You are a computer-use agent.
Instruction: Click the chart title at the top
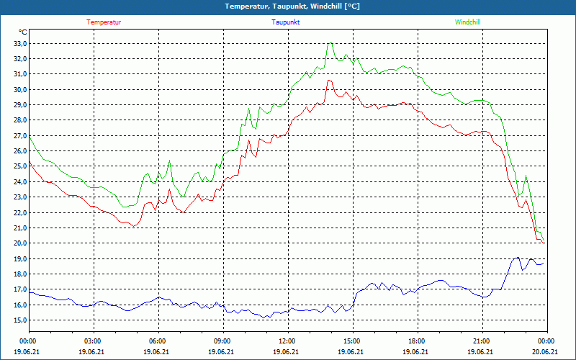[x=287, y=6]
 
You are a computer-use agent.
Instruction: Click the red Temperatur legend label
[x=104, y=22]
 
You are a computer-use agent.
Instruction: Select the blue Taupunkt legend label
[x=286, y=22]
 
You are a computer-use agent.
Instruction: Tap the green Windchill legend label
[x=467, y=22]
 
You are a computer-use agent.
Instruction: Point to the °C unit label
[x=23, y=32]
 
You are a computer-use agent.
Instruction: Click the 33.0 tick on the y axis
[x=19, y=43]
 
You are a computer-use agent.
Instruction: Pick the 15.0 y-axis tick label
[x=19, y=320]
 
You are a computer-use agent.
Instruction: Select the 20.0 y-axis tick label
[x=19, y=243]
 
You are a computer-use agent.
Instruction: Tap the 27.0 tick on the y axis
[x=19, y=135]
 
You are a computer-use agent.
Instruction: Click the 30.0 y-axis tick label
[x=19, y=89]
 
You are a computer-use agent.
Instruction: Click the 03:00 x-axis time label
[x=93, y=341]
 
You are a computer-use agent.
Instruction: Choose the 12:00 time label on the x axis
[x=287, y=341]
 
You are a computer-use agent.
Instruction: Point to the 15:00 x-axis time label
[x=352, y=341]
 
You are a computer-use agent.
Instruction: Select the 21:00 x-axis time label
[x=482, y=341]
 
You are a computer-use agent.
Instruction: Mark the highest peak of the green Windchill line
[x=330, y=44]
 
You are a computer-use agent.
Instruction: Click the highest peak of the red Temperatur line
[x=329, y=81]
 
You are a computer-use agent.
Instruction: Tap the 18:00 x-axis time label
[x=417, y=341]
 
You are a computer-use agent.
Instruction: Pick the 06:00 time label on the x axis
[x=158, y=341]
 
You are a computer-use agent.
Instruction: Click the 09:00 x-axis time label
[x=222, y=341]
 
